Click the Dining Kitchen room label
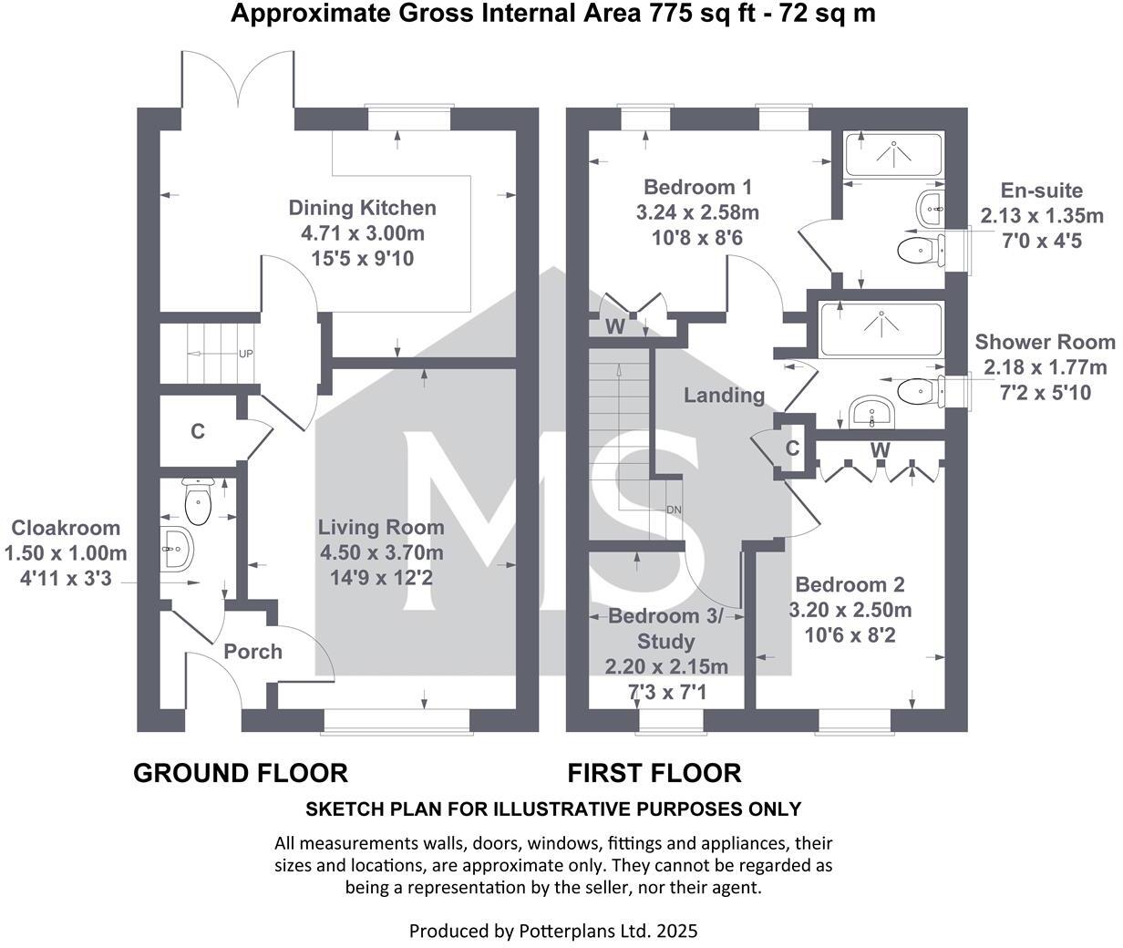click(x=362, y=208)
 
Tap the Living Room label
click(x=381, y=527)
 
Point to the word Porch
click(x=252, y=652)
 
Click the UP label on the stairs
click(x=245, y=354)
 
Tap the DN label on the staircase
click(x=675, y=510)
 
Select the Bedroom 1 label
click(x=697, y=188)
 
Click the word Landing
click(x=724, y=395)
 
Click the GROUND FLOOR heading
click(x=241, y=773)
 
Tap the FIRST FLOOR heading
click(x=654, y=773)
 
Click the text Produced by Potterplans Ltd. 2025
click(x=552, y=931)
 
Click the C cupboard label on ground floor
click(x=198, y=431)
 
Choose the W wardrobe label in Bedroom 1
click(x=615, y=325)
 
